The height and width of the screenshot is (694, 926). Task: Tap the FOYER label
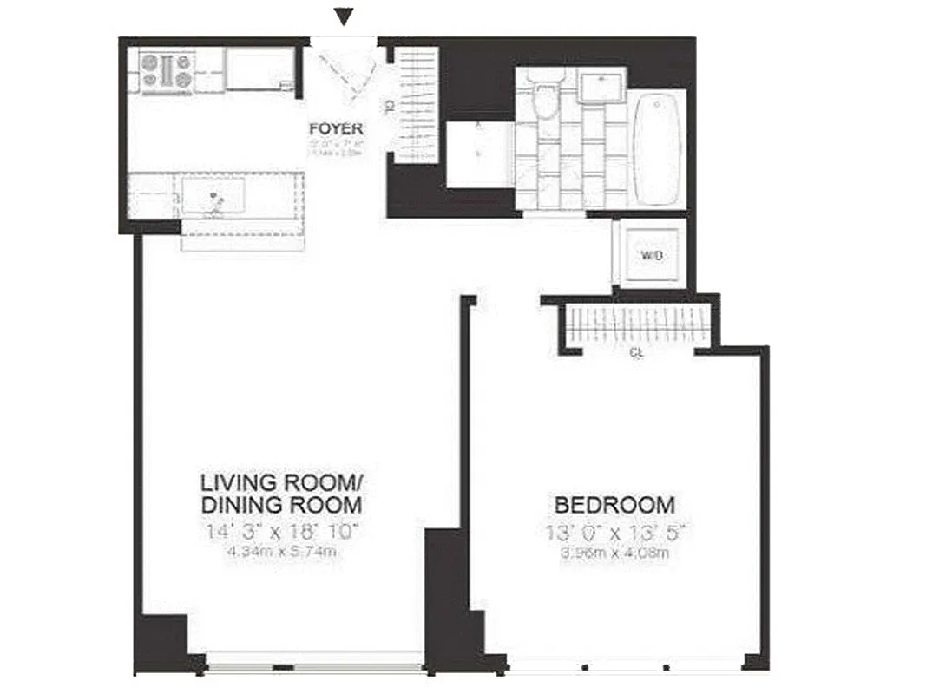335,131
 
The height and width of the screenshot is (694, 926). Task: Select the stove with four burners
167,71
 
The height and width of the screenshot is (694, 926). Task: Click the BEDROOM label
614,504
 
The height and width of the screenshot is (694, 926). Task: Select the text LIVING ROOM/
283,481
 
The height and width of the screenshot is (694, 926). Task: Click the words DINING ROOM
281,505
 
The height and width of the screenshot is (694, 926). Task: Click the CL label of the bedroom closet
636,354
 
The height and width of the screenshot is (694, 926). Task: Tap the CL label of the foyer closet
388,106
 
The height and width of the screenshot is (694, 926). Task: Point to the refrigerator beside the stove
259,69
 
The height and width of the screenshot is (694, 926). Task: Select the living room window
314,667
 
